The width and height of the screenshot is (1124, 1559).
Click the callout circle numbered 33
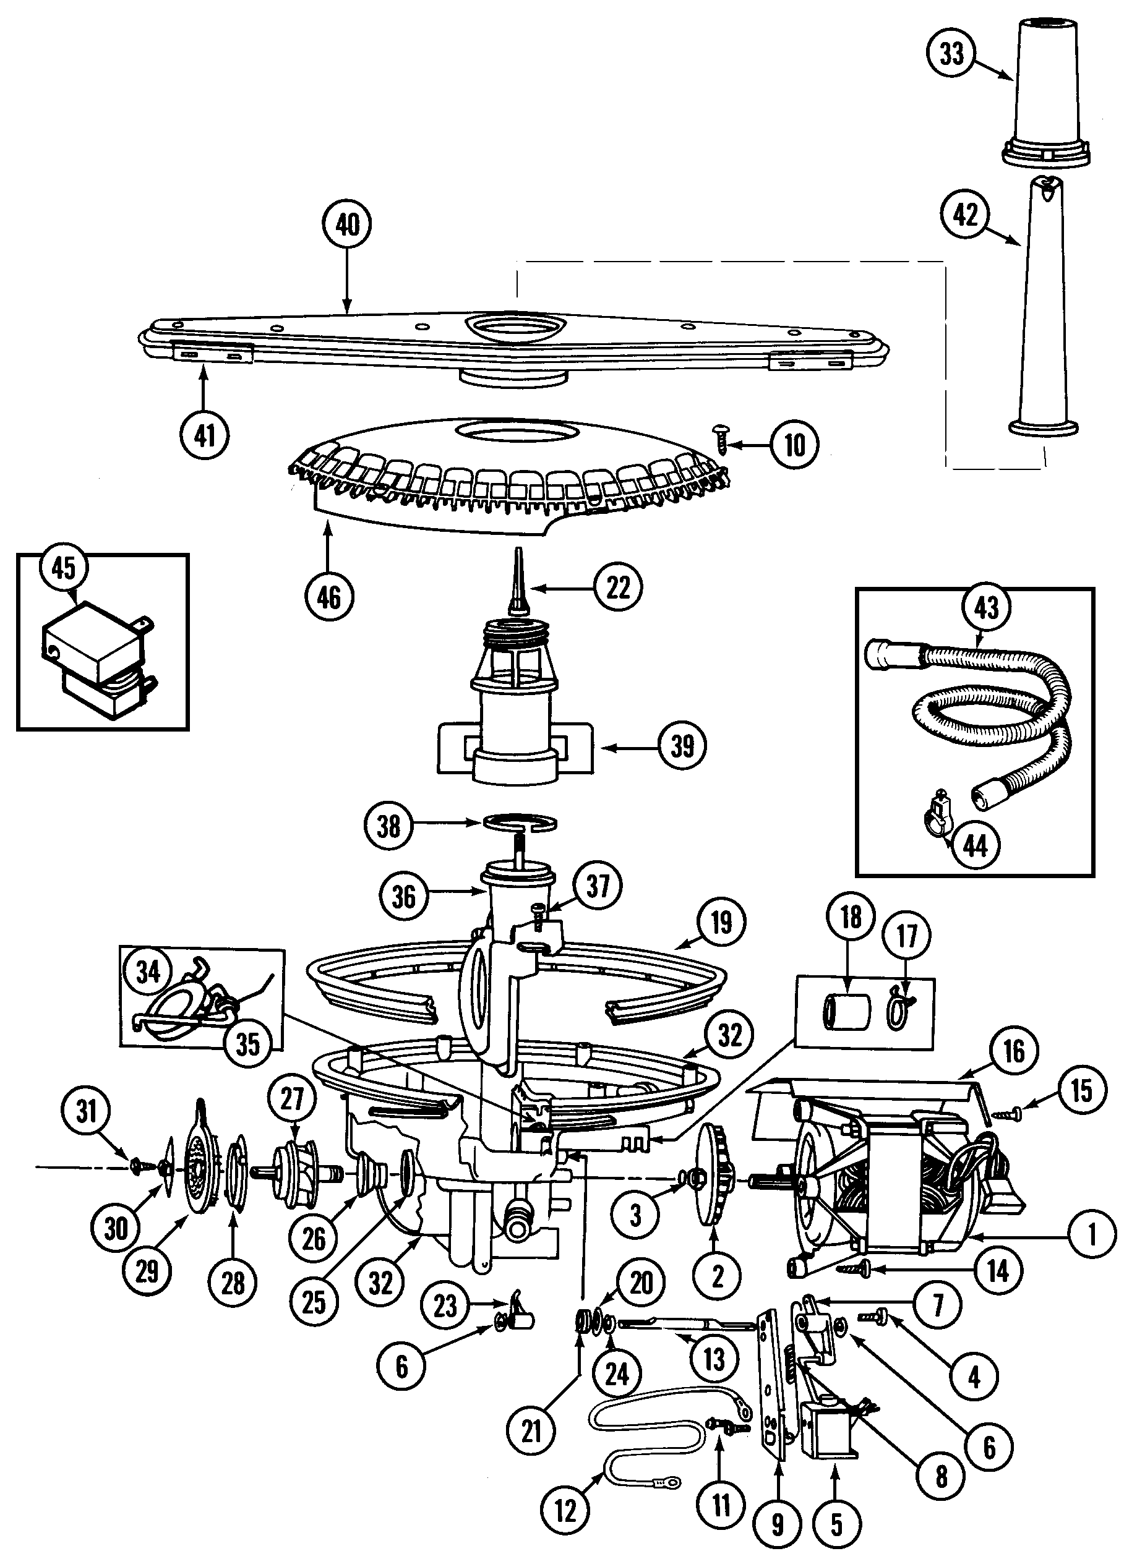952,53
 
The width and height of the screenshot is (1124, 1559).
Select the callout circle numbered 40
347,224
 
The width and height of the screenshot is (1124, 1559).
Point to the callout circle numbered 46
328,596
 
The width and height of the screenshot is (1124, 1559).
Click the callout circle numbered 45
64,568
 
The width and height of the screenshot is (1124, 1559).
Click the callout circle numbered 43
987,607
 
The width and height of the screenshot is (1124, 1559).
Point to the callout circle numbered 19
721,923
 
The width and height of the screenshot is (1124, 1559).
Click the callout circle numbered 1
1092,1235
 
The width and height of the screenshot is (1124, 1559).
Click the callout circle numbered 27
292,1099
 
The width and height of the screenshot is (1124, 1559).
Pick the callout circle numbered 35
247,1043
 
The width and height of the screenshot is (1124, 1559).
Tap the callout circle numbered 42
965,215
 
